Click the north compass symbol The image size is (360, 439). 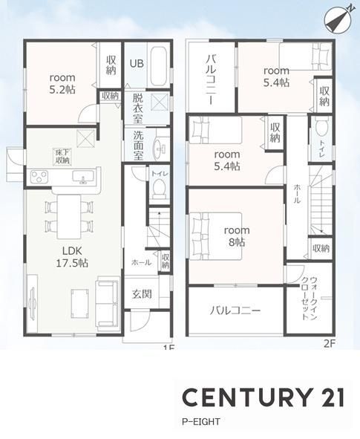click(x=338, y=20)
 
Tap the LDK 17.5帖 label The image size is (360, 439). click(x=72, y=257)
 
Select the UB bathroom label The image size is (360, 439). click(x=137, y=63)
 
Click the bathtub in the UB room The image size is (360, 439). click(x=159, y=66)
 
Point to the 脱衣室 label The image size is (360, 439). click(x=137, y=108)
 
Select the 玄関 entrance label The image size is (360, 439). click(x=142, y=293)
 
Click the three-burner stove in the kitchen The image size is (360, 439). click(x=39, y=177)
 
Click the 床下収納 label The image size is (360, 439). click(x=62, y=157)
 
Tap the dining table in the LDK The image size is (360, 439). click(x=69, y=217)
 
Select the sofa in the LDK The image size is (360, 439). click(x=108, y=302)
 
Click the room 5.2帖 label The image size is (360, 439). click(x=62, y=83)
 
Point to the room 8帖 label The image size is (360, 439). click(x=237, y=236)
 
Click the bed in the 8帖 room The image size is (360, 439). click(x=215, y=236)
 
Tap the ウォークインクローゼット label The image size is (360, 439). click(x=310, y=299)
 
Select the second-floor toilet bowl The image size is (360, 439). click(x=321, y=129)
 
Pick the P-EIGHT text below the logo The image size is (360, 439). click(x=201, y=422)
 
